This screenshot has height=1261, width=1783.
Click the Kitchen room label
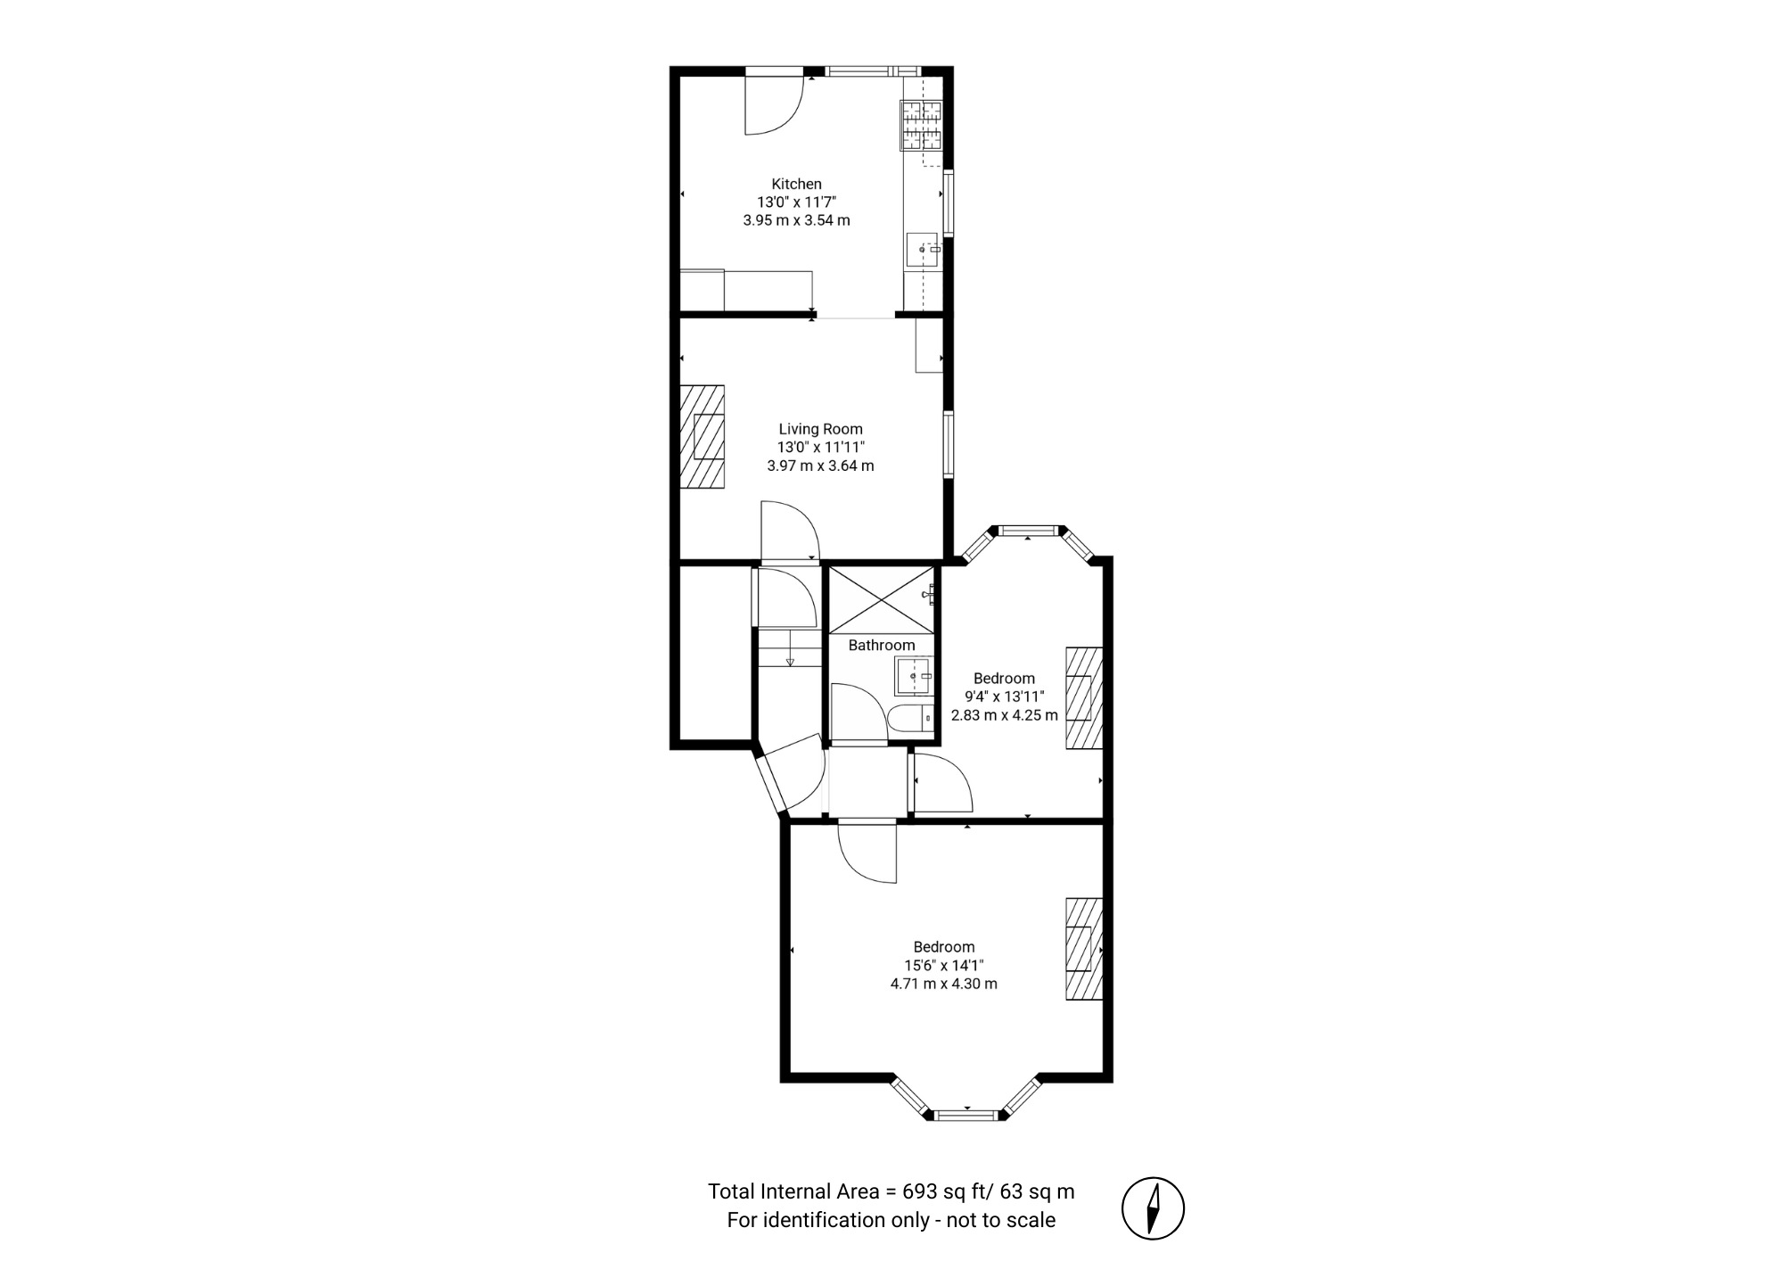coord(796,185)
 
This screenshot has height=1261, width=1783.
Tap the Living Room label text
coord(820,429)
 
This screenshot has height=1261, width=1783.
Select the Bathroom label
coord(881,645)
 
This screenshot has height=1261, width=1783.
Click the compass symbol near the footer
coord(1153,1208)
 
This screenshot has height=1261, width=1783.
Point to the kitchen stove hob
coord(922,125)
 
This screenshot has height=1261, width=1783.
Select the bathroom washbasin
coord(914,676)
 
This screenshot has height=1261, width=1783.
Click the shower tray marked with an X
coord(882,600)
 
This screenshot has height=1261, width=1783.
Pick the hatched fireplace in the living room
coord(703,436)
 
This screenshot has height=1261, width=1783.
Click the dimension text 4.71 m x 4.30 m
coord(943,984)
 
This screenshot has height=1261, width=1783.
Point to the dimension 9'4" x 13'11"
coord(1004,696)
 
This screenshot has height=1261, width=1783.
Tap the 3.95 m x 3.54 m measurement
coord(796,219)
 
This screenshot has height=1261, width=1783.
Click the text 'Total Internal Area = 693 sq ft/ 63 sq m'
coord(891,1191)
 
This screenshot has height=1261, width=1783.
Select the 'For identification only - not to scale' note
coord(891,1220)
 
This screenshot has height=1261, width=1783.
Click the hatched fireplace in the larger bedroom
coord(1084,948)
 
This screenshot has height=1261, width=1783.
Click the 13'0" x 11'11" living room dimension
coord(820,447)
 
